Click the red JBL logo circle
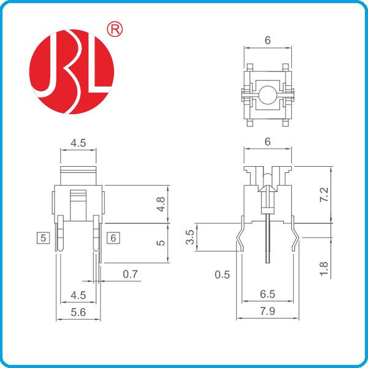(x=72, y=72)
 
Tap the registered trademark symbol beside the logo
(x=115, y=29)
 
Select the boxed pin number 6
(x=114, y=237)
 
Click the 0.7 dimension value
(x=130, y=274)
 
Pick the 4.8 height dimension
(x=161, y=204)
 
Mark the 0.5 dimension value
(x=222, y=274)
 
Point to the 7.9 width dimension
(x=267, y=311)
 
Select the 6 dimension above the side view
(x=267, y=141)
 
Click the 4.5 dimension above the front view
(x=78, y=142)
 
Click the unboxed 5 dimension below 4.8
(x=161, y=242)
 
